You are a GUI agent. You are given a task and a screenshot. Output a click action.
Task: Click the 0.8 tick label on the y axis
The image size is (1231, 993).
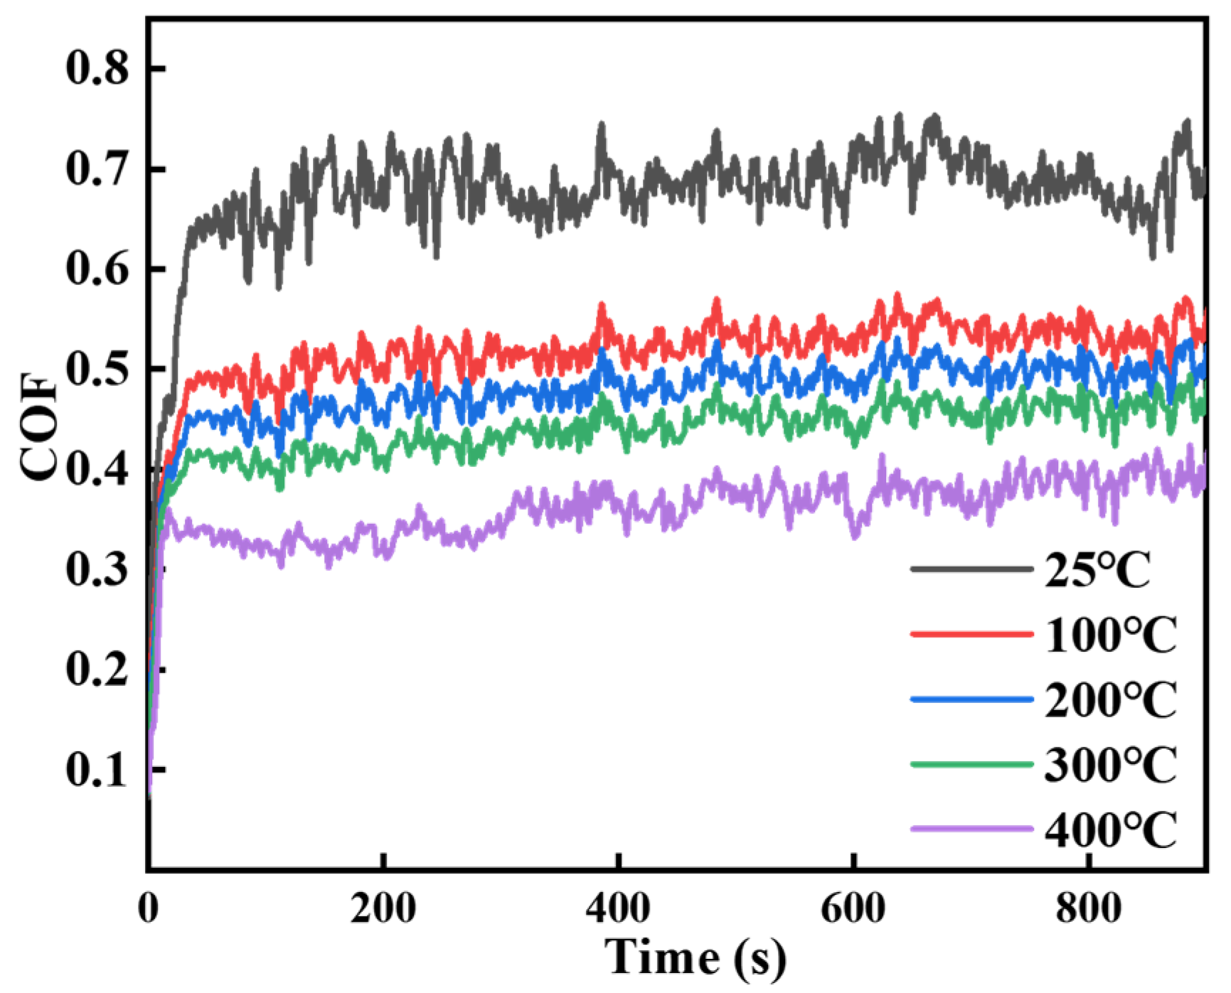pyautogui.click(x=97, y=69)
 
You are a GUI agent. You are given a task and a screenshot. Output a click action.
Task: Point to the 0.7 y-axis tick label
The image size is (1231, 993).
pyautogui.click(x=97, y=169)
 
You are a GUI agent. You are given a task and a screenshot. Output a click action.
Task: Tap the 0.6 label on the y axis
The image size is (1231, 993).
pyautogui.click(x=97, y=269)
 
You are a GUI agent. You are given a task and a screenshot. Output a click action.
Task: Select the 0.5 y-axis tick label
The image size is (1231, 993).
pyautogui.click(x=97, y=369)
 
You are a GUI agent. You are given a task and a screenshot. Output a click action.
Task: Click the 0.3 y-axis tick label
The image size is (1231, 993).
pyautogui.click(x=97, y=569)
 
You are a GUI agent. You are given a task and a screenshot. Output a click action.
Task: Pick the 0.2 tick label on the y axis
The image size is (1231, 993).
pyautogui.click(x=97, y=670)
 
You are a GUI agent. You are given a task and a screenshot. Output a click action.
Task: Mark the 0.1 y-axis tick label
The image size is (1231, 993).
pyautogui.click(x=97, y=770)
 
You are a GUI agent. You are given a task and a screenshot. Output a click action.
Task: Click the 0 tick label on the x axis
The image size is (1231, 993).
pyautogui.click(x=149, y=908)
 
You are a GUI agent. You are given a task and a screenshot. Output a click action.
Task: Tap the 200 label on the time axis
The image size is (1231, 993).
pyautogui.click(x=383, y=908)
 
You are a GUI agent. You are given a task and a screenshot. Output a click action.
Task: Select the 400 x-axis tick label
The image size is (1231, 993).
pyautogui.click(x=619, y=908)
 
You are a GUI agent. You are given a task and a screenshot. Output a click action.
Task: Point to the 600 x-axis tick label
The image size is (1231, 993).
pyautogui.click(x=853, y=908)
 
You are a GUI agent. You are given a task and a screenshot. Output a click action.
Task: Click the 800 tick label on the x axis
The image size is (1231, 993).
pyautogui.click(x=1089, y=908)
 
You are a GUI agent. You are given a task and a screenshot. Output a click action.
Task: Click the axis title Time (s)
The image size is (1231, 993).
pyautogui.click(x=696, y=957)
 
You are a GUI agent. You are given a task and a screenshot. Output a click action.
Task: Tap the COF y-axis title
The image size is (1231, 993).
pyautogui.click(x=39, y=426)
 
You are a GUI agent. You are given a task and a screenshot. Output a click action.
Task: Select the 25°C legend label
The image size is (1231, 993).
pyautogui.click(x=1097, y=570)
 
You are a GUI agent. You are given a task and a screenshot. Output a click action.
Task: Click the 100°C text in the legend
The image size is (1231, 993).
pyautogui.click(x=1111, y=635)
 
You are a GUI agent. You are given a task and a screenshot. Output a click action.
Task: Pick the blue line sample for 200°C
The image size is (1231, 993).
pyautogui.click(x=971, y=699)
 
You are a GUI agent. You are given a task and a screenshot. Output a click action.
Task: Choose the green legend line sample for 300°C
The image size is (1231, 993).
pyautogui.click(x=971, y=764)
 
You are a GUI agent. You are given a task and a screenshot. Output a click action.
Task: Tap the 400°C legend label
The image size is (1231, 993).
pyautogui.click(x=1111, y=829)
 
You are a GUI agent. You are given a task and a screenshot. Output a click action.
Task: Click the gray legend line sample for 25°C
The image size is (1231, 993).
pyautogui.click(x=971, y=569)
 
